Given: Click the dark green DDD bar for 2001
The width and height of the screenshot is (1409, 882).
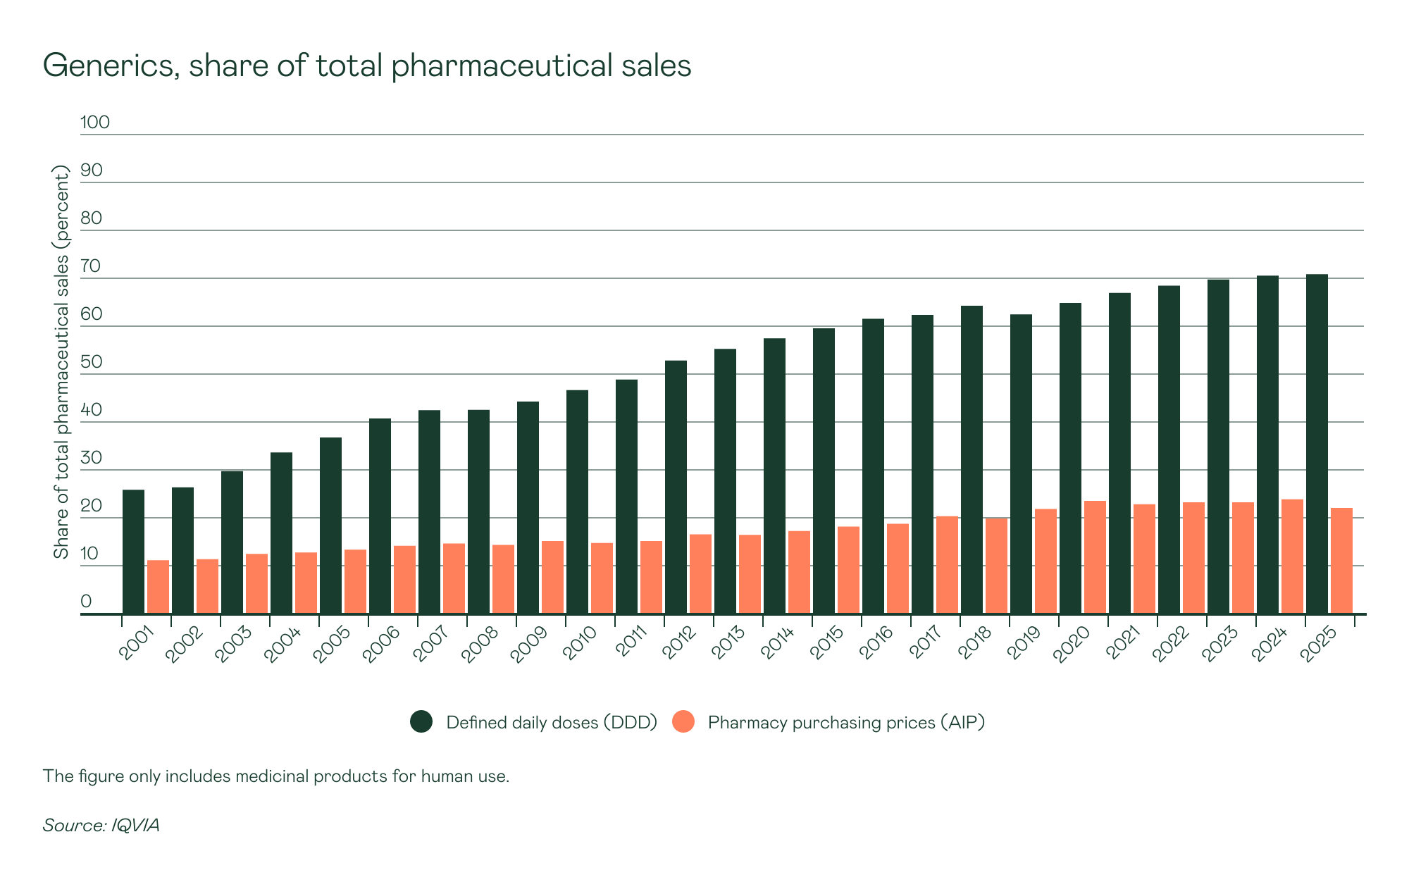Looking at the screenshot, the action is point(133,552).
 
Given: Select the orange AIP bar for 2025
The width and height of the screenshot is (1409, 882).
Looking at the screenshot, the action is point(1341,561).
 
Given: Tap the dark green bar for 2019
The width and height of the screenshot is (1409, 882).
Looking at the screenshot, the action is point(1021,464).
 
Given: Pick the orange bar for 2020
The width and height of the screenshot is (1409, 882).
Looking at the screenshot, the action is point(1095,557).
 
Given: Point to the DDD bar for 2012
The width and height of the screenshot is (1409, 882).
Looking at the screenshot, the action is point(676,487).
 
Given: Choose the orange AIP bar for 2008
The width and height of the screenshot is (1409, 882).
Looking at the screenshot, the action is point(503,579).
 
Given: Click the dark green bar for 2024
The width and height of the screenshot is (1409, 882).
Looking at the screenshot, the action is point(1267,445).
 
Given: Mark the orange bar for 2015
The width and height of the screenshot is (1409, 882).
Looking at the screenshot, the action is point(848,570).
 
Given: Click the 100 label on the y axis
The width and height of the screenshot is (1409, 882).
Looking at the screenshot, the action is point(95,123).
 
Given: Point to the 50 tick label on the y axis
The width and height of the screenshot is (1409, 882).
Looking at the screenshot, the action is point(92,362).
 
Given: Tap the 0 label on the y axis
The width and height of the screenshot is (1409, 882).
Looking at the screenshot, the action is point(86,602).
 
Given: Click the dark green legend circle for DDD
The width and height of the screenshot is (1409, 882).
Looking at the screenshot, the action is point(421,721).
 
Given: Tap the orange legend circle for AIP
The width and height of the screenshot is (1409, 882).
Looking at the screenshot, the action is point(683,721).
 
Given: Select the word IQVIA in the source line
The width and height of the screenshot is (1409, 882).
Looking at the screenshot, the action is point(135,825).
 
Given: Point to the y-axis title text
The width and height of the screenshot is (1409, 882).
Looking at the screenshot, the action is point(62,362).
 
